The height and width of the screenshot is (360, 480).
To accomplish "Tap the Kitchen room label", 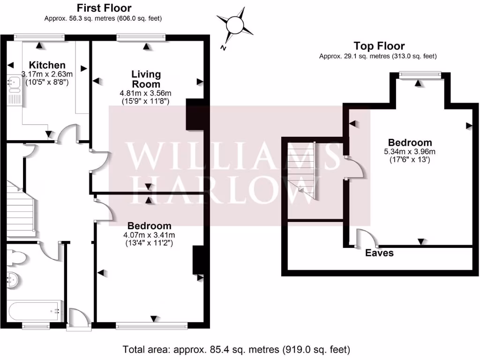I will pyautogui.click(x=47, y=65).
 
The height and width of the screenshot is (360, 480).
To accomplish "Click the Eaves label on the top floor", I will pyautogui.click(x=380, y=253).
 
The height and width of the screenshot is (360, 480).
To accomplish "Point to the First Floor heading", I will pyautogui.click(x=104, y=8).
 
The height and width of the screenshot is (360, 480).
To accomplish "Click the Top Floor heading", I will pyautogui.click(x=379, y=46).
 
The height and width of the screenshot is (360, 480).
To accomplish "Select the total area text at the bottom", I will pyautogui.click(x=236, y=349).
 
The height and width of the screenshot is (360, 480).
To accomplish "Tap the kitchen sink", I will pyautogui.click(x=13, y=84).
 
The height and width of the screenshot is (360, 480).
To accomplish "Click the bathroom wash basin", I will pyautogui.click(x=13, y=280).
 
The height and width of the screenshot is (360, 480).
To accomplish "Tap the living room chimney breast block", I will pyautogui.click(x=195, y=114).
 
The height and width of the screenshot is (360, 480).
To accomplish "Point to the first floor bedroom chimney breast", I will pyautogui.click(x=198, y=260).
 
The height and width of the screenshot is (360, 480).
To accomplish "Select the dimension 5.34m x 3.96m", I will pyautogui.click(x=409, y=151).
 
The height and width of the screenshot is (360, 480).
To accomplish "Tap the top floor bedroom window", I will pyautogui.click(x=420, y=74).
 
